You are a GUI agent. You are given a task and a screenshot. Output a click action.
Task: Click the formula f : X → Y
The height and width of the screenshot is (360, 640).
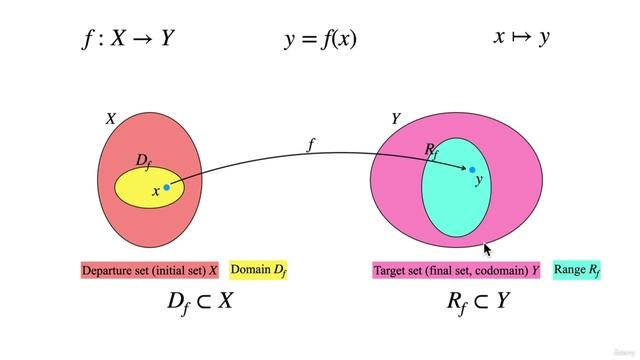(131, 39)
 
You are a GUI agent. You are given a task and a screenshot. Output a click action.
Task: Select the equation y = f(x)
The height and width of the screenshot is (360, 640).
(321, 39)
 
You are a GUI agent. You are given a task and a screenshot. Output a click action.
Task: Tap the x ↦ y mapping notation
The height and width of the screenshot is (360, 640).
(521, 38)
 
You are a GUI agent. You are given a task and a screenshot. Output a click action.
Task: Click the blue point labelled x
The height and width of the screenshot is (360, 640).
(167, 186)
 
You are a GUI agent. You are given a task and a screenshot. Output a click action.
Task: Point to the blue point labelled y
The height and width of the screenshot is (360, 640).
(472, 170)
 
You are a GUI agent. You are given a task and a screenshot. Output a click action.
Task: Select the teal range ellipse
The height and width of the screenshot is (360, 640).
(455, 200)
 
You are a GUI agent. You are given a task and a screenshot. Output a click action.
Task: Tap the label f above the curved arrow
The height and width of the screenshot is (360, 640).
(311, 144)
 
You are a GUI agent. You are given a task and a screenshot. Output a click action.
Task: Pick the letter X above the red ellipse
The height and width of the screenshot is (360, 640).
(111, 119)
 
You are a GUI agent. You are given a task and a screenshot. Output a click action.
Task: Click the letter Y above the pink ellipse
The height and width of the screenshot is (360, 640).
(396, 119)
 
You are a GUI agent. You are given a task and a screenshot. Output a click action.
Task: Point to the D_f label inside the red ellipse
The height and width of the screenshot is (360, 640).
(143, 160)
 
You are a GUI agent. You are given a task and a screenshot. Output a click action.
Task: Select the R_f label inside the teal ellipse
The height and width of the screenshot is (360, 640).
(432, 150)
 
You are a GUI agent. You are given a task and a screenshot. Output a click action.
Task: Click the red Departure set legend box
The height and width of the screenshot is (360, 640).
(151, 270)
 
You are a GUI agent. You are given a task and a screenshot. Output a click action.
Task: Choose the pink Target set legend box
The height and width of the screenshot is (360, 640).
(456, 270)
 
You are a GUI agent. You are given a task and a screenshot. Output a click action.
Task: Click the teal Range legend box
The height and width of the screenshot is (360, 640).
(577, 270)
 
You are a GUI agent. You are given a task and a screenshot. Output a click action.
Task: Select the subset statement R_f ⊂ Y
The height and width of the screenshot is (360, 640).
(477, 301)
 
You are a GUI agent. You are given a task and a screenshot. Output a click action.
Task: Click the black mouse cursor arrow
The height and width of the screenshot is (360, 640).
(488, 250)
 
